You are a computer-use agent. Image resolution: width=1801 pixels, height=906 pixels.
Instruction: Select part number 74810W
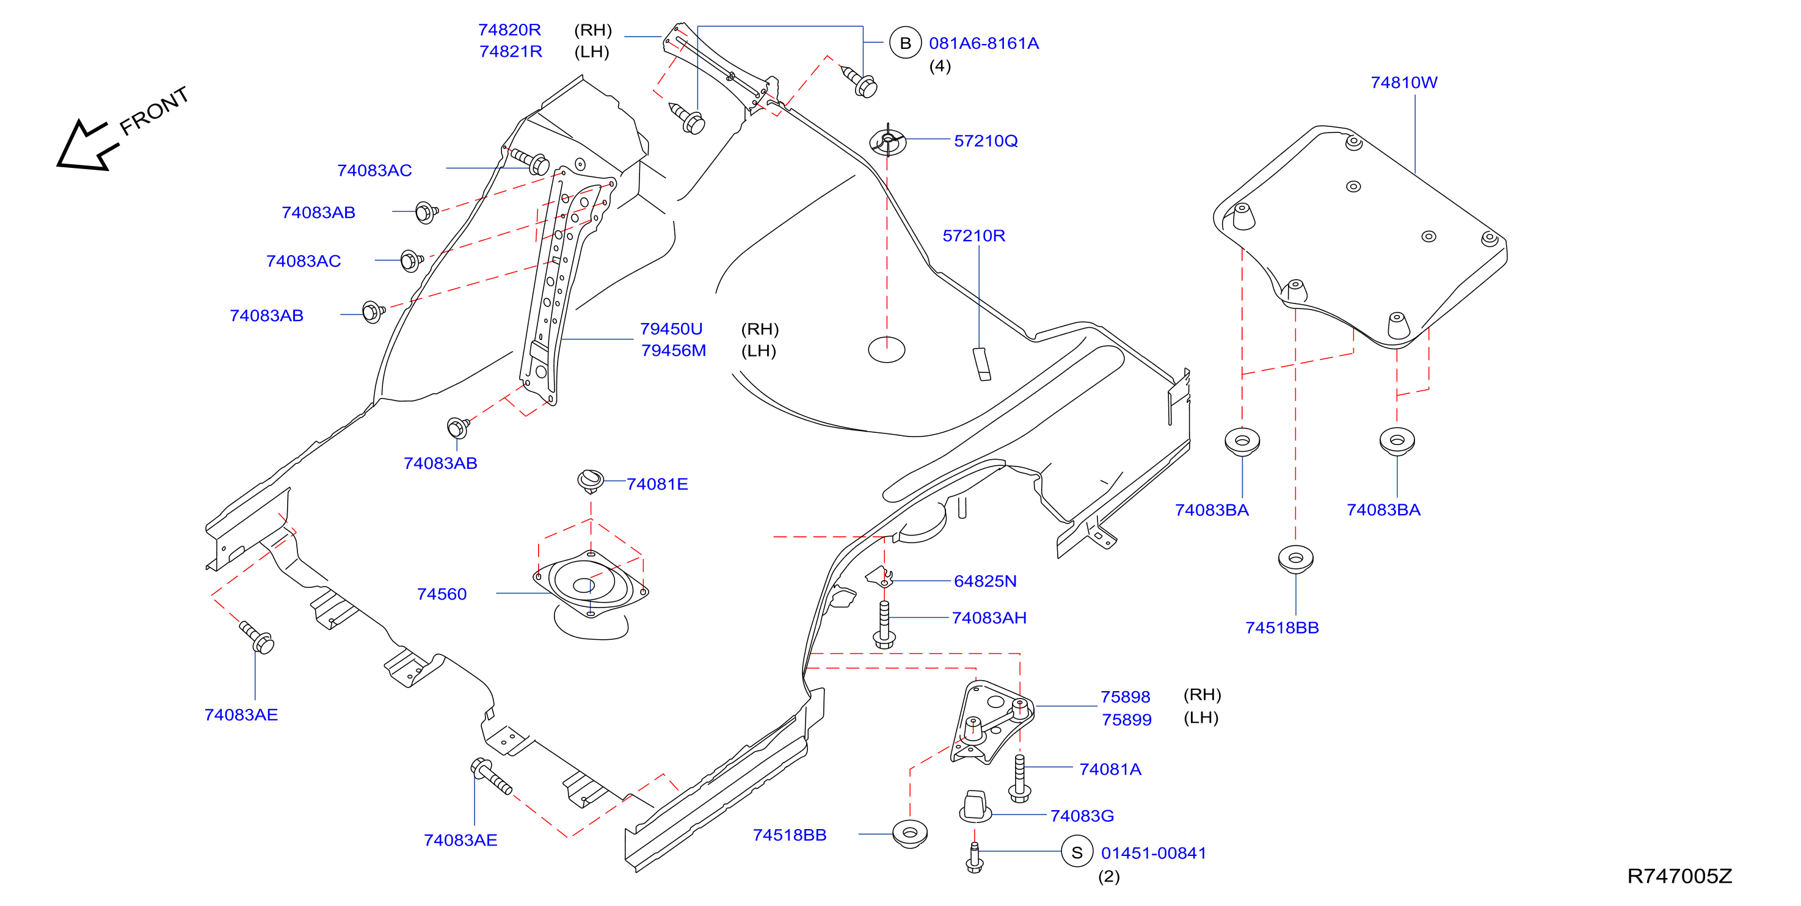tap(1403, 82)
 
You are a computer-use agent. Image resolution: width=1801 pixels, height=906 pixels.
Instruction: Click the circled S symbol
tap(1077, 852)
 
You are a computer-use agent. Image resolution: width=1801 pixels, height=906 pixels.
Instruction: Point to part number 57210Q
tap(986, 141)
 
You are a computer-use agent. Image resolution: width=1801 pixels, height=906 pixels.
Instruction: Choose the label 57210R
tap(974, 236)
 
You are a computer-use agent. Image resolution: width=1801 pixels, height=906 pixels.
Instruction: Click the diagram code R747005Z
tap(1679, 876)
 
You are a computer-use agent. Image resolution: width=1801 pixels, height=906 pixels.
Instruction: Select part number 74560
tap(442, 594)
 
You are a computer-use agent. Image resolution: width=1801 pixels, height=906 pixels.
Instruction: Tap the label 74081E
tap(657, 484)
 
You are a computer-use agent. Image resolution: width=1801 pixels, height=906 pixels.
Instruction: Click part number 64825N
tap(985, 581)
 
